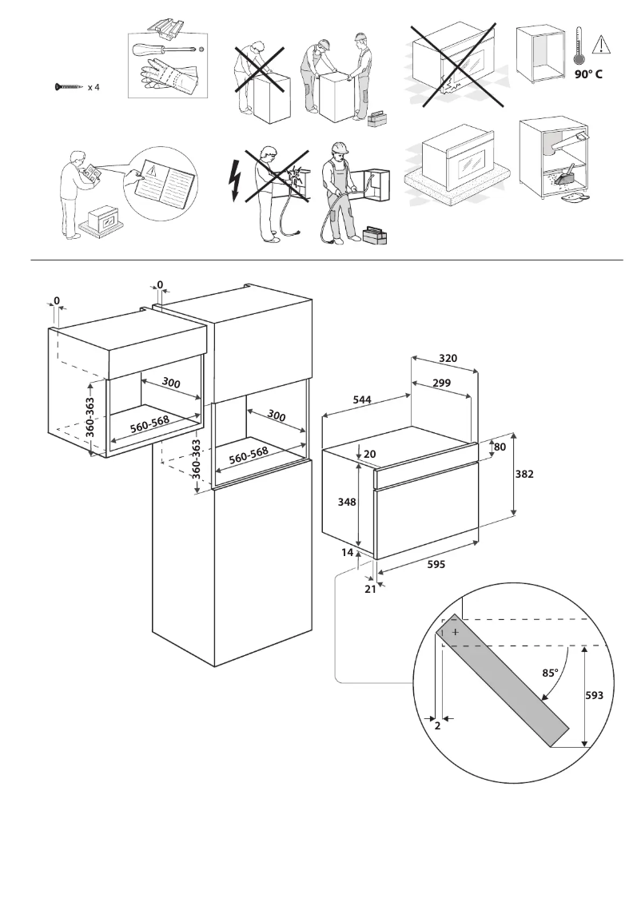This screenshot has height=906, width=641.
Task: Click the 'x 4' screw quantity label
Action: [94, 86]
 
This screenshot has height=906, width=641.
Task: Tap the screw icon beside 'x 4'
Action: [69, 86]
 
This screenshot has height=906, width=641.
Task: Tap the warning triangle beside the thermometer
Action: [600, 46]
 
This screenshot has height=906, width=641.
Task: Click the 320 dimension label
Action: [448, 359]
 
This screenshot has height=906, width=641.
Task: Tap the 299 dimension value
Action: [441, 383]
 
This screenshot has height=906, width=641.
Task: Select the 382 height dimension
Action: [524, 474]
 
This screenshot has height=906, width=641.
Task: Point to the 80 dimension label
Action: [500, 447]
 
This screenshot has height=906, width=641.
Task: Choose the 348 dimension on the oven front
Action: [346, 502]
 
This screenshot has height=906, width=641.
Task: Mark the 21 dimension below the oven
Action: [369, 589]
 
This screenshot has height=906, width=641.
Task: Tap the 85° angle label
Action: [549, 672]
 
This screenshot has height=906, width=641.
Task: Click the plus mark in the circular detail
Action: [455, 631]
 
